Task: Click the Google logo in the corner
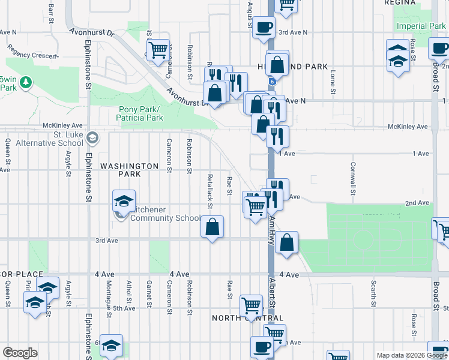tap(20, 353)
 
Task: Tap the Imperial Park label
tap(421, 26)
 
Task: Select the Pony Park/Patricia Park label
tap(142, 113)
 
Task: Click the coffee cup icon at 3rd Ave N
tap(264, 27)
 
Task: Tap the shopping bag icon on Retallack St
tap(212, 227)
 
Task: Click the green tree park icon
tap(25, 82)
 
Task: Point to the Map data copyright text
tap(411, 355)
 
